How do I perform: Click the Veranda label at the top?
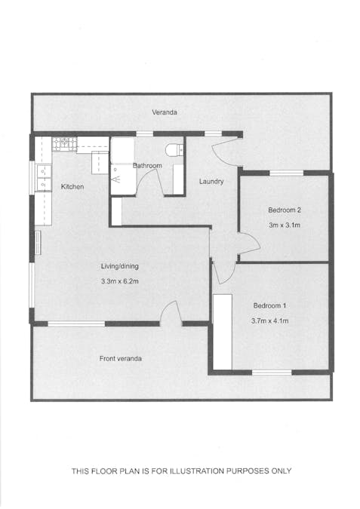(165, 112)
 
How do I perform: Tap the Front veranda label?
(121, 358)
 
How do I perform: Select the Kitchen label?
(72, 186)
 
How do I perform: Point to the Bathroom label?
(147, 165)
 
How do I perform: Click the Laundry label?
(211, 182)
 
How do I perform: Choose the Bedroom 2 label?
(285, 210)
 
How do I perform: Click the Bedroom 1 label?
(270, 305)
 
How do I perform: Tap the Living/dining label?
(120, 266)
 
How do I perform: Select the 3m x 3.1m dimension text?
(285, 225)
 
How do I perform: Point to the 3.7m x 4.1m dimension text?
(270, 321)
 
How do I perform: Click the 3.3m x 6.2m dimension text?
(120, 281)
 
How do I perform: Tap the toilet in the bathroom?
(176, 149)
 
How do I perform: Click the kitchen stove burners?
(64, 142)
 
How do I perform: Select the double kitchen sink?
(42, 178)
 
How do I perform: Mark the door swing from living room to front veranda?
(171, 312)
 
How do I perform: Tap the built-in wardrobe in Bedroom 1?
(222, 332)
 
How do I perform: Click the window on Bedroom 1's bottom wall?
(272, 372)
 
